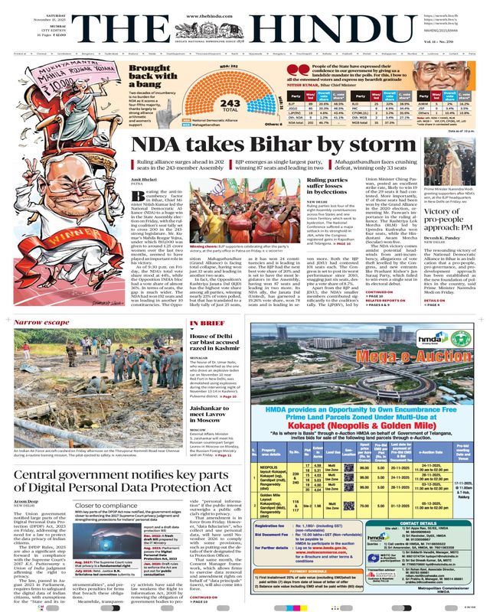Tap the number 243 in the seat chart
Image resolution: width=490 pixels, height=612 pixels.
(208, 103)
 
